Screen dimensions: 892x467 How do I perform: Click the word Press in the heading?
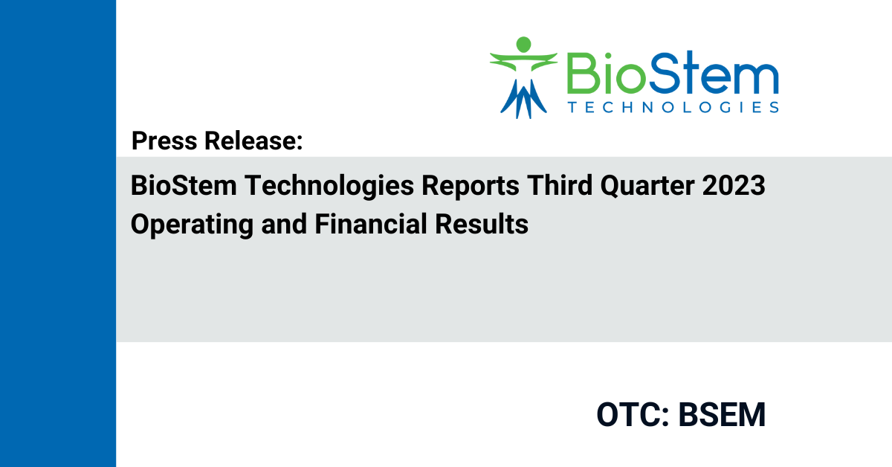(164, 141)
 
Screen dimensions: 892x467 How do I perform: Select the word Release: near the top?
(253, 141)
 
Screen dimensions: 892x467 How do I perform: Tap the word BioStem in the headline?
(184, 186)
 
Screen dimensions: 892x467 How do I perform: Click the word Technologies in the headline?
(329, 187)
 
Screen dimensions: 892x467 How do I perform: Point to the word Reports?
(471, 187)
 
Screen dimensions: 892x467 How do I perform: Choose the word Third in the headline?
(560, 186)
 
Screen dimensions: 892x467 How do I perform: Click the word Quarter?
(647, 187)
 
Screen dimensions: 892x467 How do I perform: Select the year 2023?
(734, 186)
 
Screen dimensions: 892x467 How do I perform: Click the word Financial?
(371, 224)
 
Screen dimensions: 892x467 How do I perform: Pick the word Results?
(482, 224)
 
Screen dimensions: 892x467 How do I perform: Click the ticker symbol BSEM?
(722, 415)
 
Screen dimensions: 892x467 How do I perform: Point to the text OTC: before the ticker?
(633, 415)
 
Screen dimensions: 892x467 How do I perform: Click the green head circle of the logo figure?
(523, 44)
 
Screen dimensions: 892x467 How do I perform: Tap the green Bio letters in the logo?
(606, 73)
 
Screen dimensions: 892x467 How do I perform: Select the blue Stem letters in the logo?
(713, 72)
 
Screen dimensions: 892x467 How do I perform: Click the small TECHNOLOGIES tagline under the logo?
(673, 107)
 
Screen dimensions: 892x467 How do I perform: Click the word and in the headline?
(284, 224)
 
